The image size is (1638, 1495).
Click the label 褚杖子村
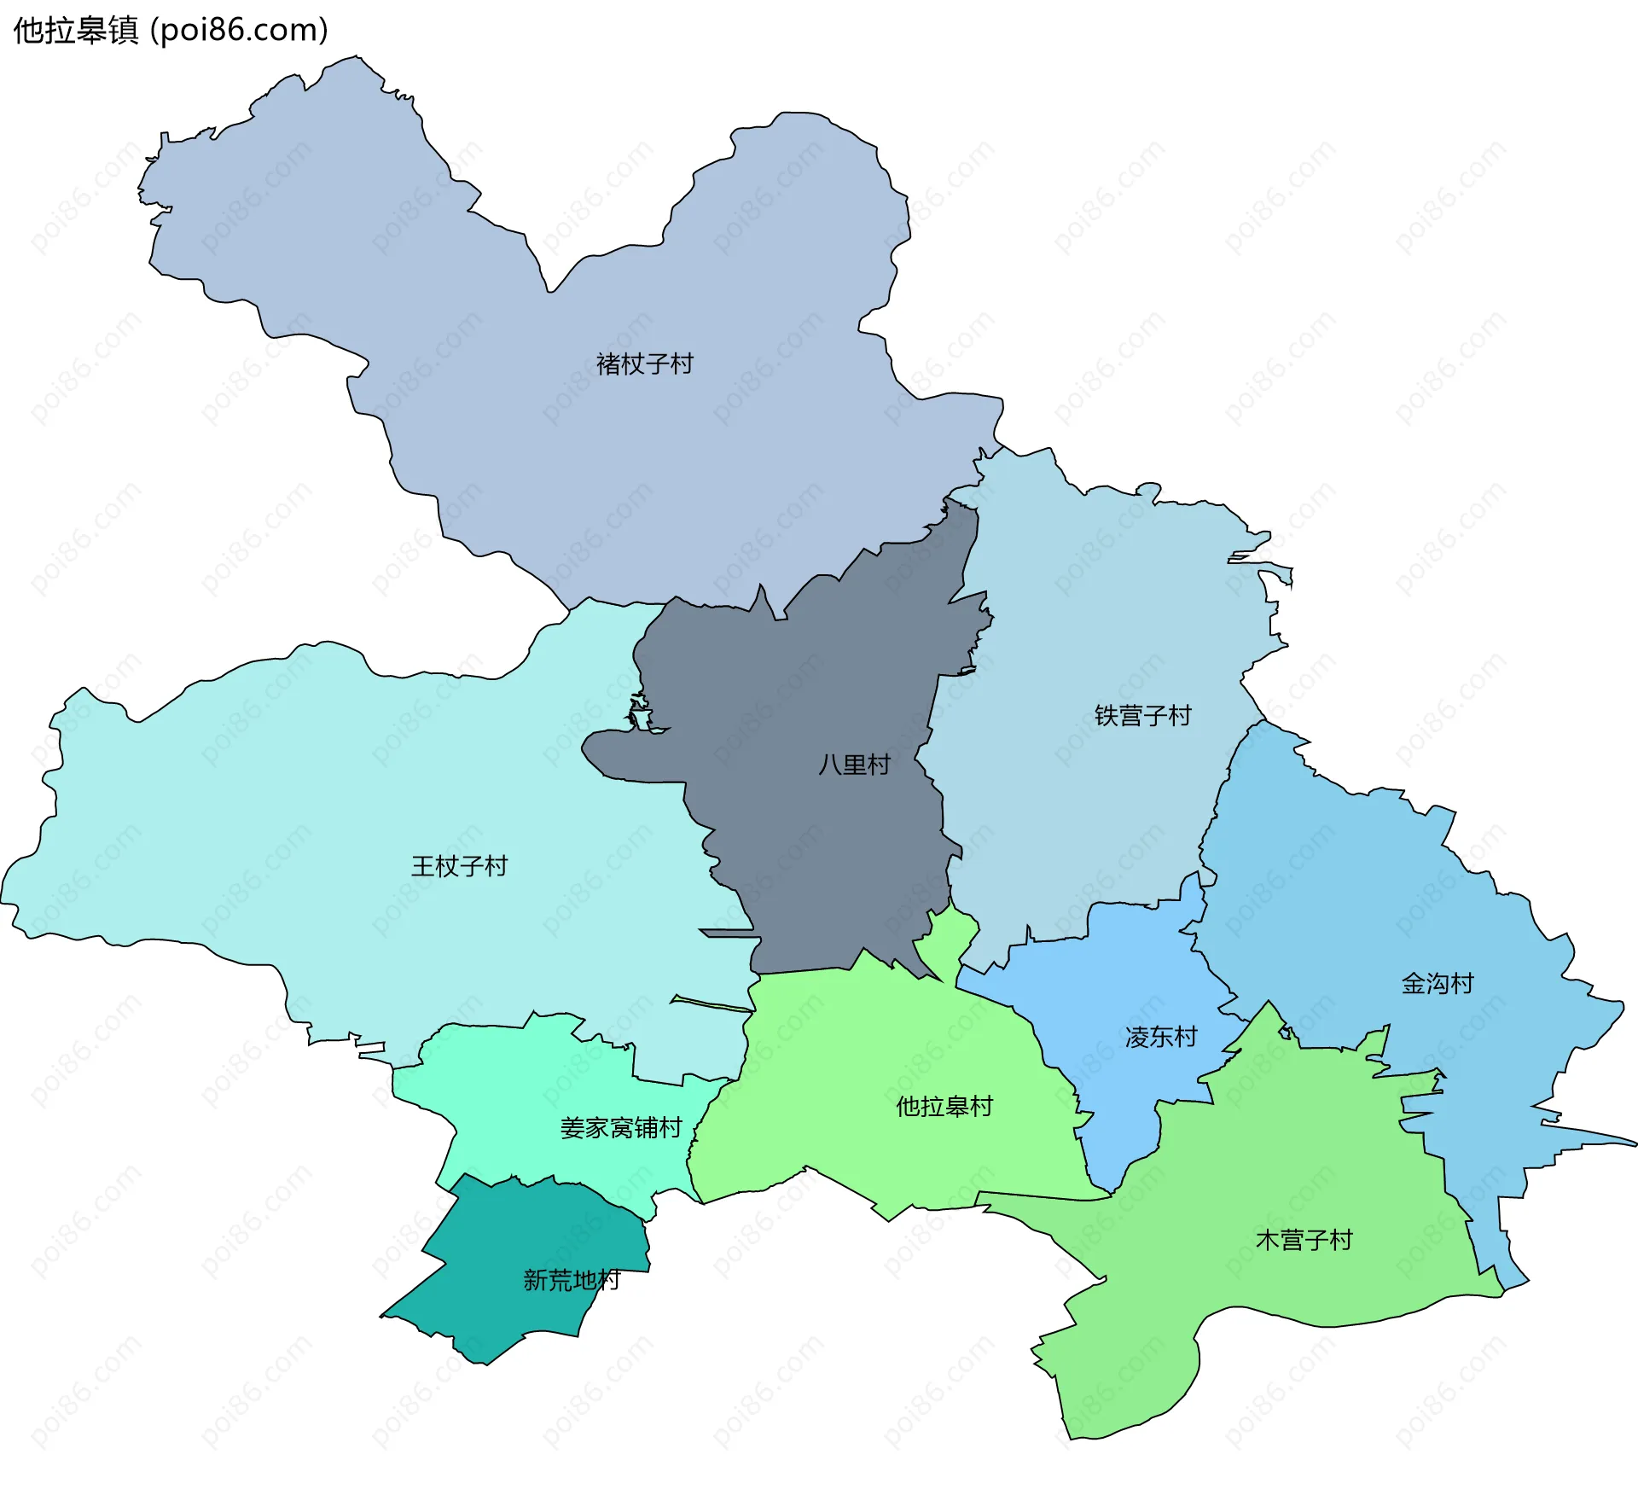click(644, 364)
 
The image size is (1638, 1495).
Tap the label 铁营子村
click(1142, 715)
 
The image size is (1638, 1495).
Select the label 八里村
click(854, 764)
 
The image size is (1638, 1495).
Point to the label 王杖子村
click(459, 866)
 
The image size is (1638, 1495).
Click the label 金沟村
click(1438, 983)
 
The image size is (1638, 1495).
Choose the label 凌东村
click(1161, 1037)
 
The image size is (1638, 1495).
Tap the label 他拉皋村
click(944, 1107)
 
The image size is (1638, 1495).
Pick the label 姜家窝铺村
click(621, 1128)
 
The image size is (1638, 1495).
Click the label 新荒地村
click(571, 1280)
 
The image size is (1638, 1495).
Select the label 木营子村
click(1304, 1240)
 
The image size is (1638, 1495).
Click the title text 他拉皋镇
click(76, 31)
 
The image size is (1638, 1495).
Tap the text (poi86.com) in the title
click(239, 31)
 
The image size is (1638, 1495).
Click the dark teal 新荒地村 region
click(512, 1246)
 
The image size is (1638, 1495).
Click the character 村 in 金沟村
click(1462, 983)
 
